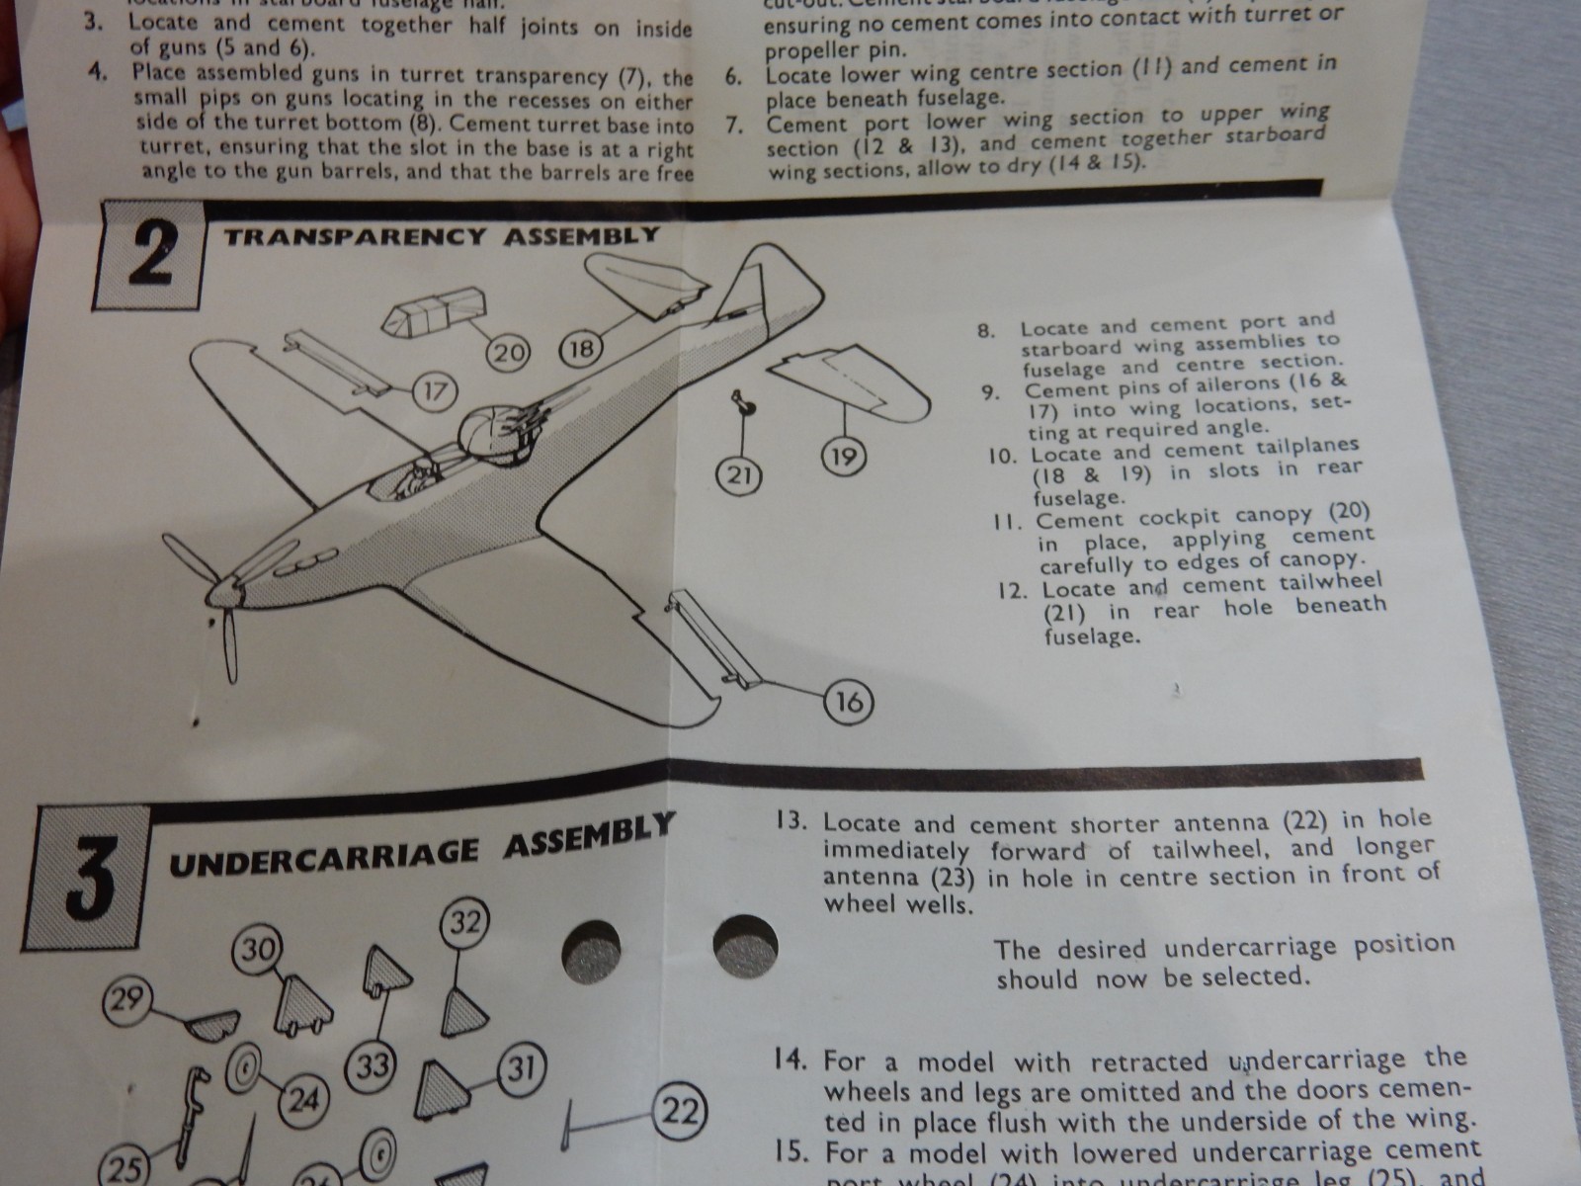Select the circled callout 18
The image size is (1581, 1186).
tap(583, 350)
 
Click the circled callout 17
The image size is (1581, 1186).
tap(434, 391)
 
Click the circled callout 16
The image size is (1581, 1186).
tap(848, 703)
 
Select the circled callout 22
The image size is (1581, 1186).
tap(681, 1113)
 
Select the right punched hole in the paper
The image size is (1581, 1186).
tap(745, 944)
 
